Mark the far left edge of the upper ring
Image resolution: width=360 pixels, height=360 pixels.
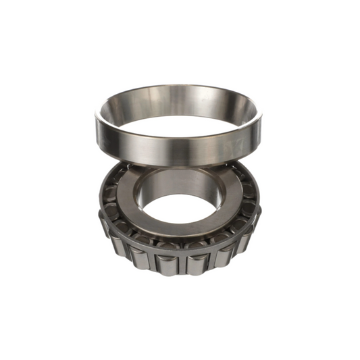click(96, 125)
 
